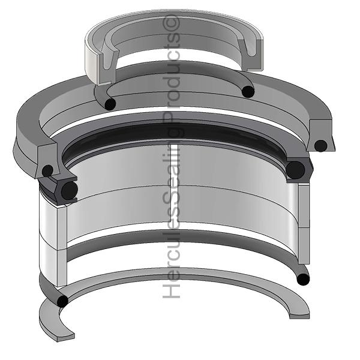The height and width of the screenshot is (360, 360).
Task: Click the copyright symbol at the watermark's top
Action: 173,23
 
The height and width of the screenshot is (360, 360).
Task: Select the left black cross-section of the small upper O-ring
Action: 109,104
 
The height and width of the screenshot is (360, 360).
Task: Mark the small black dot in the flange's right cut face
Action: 321,145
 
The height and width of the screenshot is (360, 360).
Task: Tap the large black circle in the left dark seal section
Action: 69,191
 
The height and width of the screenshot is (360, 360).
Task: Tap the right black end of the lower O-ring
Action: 303,278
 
